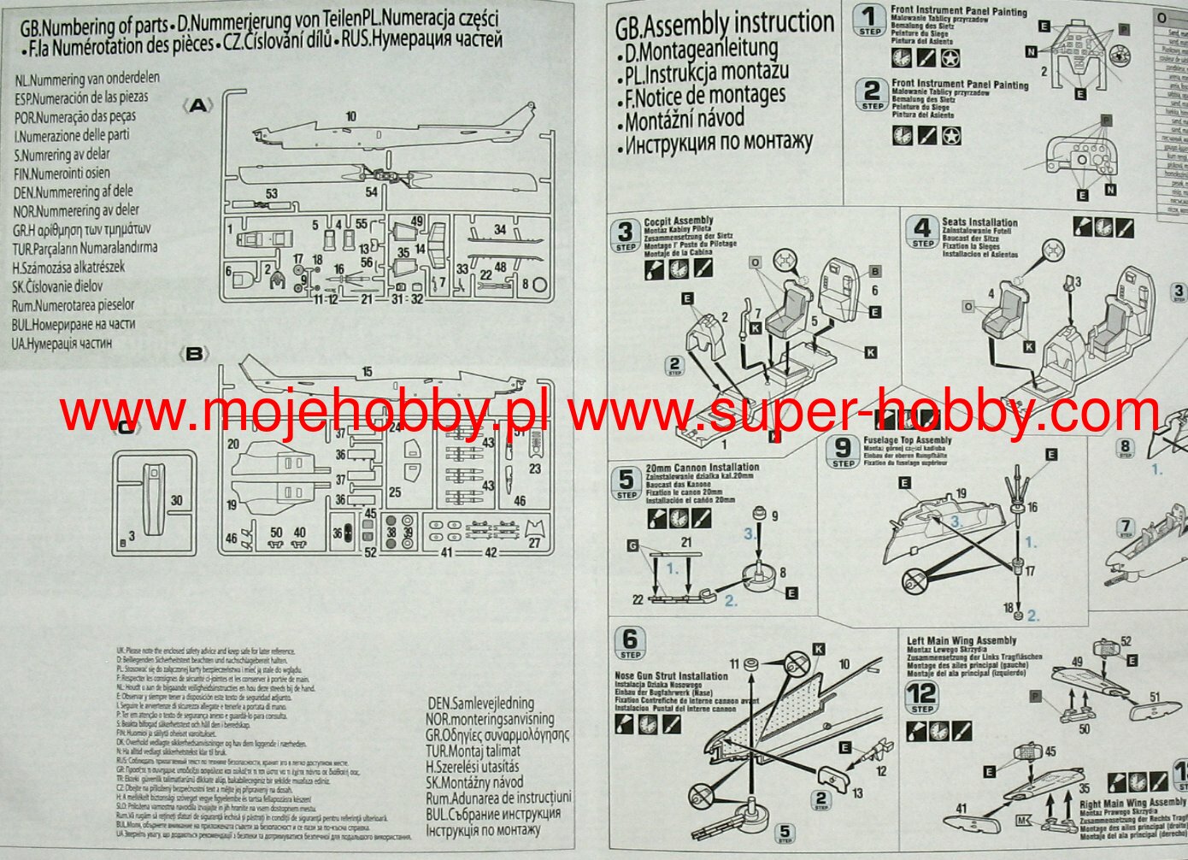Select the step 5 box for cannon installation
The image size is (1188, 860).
click(626, 483)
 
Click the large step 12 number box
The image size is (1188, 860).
click(922, 697)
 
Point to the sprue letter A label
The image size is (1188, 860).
click(198, 105)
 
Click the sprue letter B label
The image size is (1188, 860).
click(195, 353)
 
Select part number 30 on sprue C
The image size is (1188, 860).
click(176, 500)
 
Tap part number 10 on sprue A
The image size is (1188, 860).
click(350, 116)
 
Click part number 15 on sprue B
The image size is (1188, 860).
click(367, 372)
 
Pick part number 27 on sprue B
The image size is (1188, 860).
click(534, 542)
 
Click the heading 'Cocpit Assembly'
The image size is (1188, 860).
click(679, 221)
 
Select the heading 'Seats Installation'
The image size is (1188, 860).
click(979, 222)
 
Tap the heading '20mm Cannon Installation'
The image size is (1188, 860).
click(702, 468)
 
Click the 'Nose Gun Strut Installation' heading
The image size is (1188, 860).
click(671, 676)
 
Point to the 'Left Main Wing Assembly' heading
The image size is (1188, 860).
click(962, 640)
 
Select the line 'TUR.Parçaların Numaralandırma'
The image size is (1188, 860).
click(85, 248)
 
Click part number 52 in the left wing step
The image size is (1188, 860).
click(1126, 641)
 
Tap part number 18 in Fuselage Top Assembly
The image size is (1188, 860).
click(1009, 609)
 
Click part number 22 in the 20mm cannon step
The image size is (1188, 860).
click(638, 600)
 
